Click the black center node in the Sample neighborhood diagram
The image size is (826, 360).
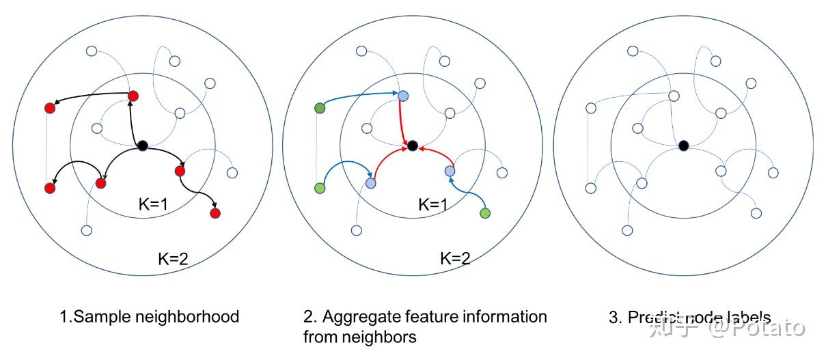(x=142, y=145)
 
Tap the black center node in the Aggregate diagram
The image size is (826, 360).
(x=412, y=145)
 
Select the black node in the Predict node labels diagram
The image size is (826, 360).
(x=683, y=144)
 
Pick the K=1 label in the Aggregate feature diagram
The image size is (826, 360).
(x=435, y=204)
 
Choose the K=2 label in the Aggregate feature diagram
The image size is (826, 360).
(x=455, y=258)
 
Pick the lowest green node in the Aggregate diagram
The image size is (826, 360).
(x=485, y=214)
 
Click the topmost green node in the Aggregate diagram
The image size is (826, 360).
(x=319, y=108)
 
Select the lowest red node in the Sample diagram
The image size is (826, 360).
(x=215, y=214)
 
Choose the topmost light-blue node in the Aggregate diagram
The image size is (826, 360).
(x=403, y=96)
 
